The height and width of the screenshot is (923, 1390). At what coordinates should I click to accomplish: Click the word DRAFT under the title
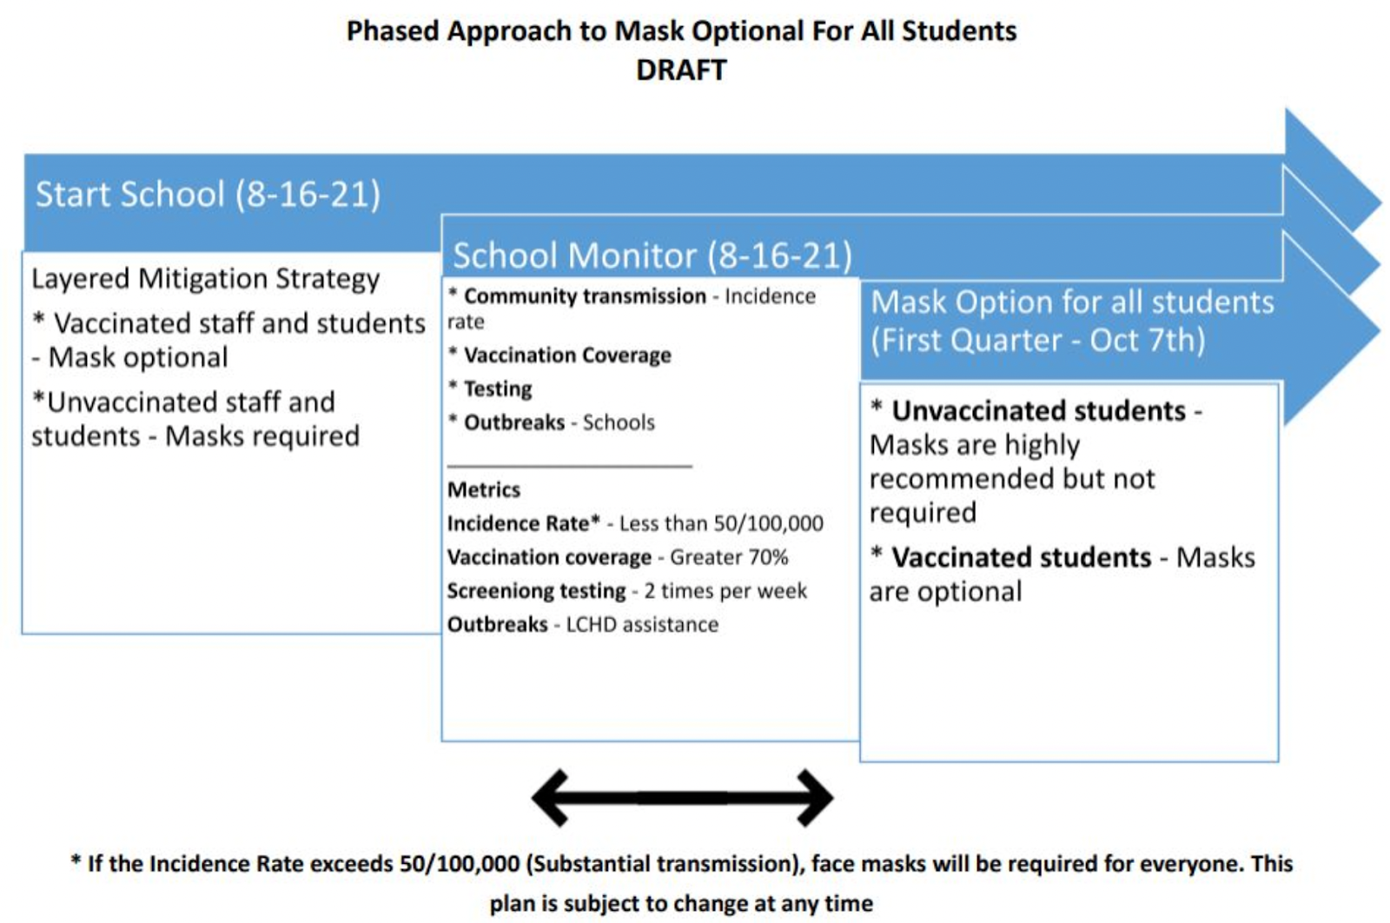681,70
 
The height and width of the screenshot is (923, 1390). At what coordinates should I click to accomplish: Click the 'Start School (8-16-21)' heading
208,194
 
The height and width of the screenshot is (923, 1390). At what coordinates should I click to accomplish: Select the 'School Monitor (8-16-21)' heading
652,256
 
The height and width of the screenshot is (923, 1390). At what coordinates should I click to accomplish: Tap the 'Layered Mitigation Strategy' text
205,279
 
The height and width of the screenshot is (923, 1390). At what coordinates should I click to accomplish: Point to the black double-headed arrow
682,796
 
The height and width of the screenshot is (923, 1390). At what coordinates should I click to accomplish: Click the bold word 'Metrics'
483,490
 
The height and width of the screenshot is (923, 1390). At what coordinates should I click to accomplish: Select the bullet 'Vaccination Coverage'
566,355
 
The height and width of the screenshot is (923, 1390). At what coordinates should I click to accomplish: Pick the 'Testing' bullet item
497,389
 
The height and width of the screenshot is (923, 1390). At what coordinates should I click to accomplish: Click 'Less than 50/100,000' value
721,524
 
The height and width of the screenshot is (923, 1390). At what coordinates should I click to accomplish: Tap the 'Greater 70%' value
729,557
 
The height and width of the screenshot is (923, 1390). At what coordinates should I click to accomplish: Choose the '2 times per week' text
725,591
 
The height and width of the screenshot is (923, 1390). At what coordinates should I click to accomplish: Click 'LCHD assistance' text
642,625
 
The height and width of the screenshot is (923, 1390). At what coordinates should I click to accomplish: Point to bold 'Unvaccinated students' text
1038,410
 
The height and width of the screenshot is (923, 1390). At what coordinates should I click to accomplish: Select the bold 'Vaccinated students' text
1021,557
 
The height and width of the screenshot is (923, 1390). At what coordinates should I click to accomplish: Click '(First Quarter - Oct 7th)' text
1038,340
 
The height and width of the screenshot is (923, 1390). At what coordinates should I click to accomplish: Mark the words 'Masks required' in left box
262,435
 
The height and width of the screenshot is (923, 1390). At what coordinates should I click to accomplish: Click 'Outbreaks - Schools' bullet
559,422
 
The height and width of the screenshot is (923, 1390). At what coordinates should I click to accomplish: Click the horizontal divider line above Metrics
569,466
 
